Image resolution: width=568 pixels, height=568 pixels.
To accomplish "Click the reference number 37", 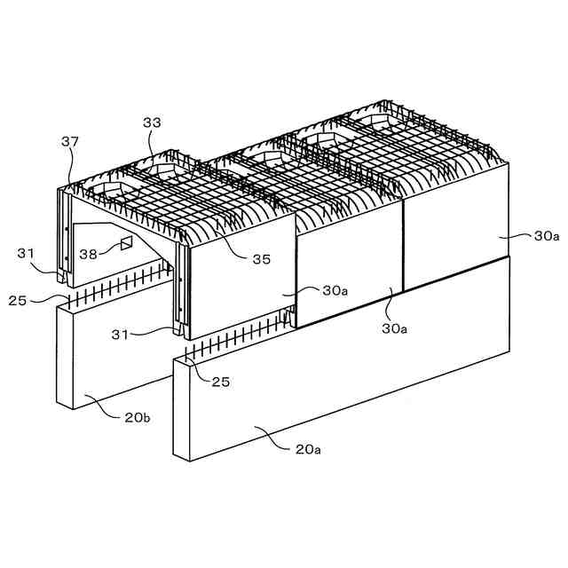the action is click(69, 142).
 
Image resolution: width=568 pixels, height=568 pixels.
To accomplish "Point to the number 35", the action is click(261, 260).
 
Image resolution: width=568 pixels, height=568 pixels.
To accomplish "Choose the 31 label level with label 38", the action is click(27, 254).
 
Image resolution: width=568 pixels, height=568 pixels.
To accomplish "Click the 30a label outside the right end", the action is click(546, 237).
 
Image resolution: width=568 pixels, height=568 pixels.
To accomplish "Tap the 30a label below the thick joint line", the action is click(394, 328).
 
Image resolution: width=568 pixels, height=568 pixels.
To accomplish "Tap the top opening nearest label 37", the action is click(114, 191).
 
